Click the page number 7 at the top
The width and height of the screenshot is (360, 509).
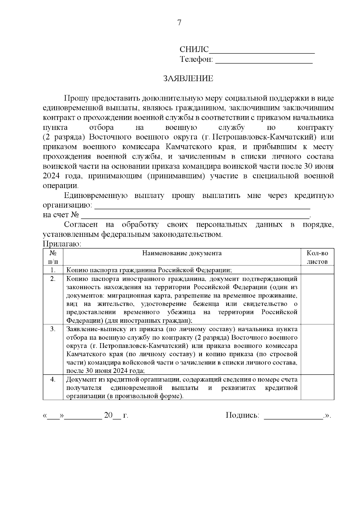pyautogui.click(x=179, y=23)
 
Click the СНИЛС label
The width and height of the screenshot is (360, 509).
pyautogui.click(x=194, y=49)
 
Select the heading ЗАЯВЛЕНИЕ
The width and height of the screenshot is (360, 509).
pyautogui.click(x=188, y=79)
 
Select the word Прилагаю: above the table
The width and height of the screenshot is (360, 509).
pyautogui.click(x=62, y=244)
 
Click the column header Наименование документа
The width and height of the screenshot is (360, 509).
pyautogui.click(x=182, y=253)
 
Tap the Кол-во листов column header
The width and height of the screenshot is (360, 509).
pyautogui.click(x=317, y=257)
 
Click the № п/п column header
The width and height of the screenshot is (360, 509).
pyautogui.click(x=53, y=257)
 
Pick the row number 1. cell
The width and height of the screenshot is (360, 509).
pyautogui.click(x=53, y=270)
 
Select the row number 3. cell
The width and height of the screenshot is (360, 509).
pyautogui.click(x=53, y=329)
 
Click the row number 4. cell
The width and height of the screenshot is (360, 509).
pyautogui.click(x=53, y=380)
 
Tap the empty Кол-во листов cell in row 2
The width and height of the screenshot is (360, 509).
pyautogui.click(x=317, y=299)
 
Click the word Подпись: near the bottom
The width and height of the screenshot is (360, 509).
pyautogui.click(x=242, y=415)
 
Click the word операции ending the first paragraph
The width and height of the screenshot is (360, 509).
pyautogui.click(x=60, y=186)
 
